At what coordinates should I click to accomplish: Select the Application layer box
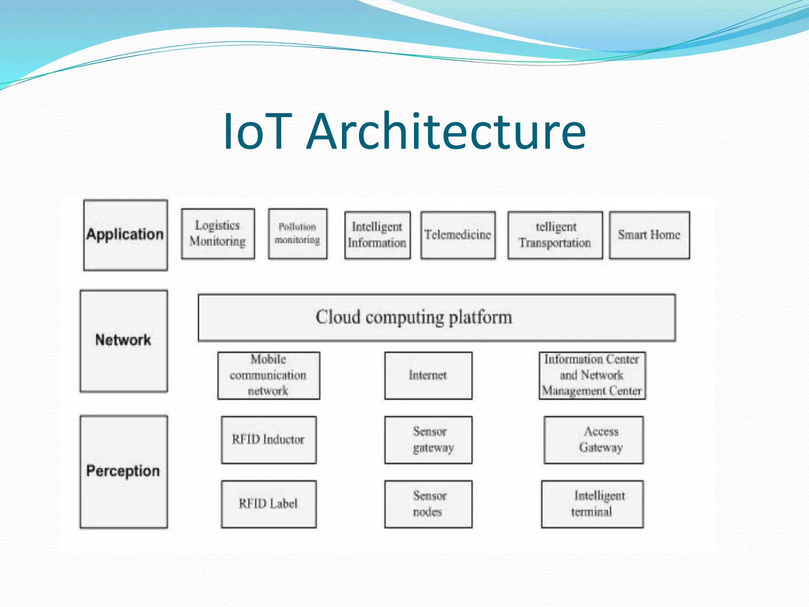(x=125, y=235)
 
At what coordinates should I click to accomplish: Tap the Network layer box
(x=124, y=341)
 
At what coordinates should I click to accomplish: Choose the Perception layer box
(x=124, y=471)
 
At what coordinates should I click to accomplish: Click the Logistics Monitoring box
(x=218, y=234)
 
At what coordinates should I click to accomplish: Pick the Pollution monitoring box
(x=297, y=234)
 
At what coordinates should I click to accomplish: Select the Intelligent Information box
(x=377, y=235)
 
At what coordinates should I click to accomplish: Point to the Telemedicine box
(x=458, y=235)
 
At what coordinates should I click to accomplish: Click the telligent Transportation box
(x=555, y=235)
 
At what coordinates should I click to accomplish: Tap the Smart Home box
(x=649, y=235)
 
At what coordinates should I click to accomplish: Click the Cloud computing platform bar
(x=436, y=317)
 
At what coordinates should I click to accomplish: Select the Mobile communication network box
(x=269, y=375)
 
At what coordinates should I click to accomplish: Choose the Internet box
(x=428, y=375)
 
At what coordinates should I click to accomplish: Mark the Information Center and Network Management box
(x=592, y=375)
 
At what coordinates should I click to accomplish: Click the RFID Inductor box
(x=269, y=440)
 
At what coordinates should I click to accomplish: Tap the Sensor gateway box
(x=428, y=440)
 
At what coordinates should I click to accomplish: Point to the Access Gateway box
(x=593, y=440)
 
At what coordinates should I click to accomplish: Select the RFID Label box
(x=269, y=504)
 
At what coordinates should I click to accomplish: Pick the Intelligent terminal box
(x=592, y=504)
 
